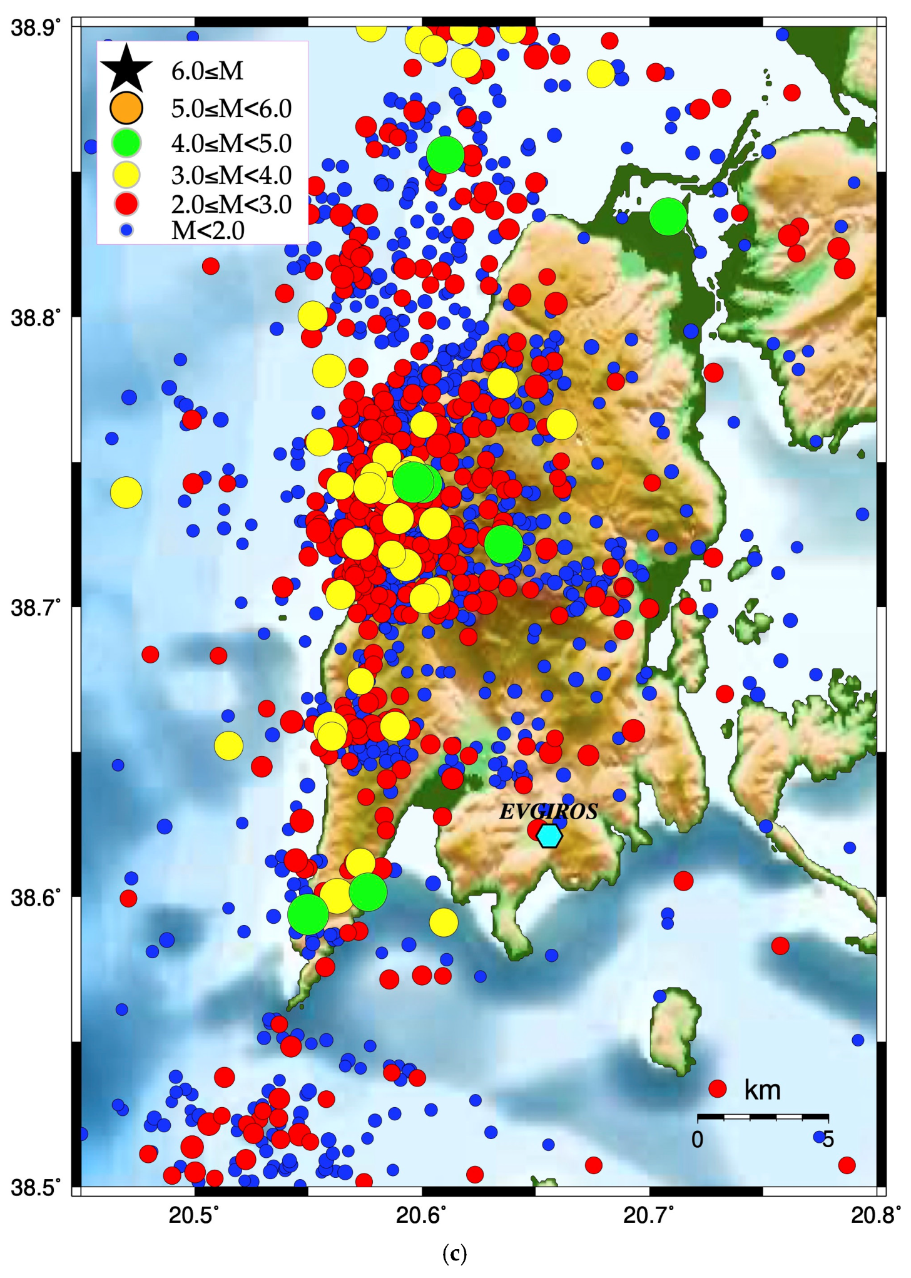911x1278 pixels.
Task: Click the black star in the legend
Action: click(126, 68)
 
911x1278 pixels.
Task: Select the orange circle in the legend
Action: click(126, 108)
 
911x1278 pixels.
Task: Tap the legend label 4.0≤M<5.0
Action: click(231, 143)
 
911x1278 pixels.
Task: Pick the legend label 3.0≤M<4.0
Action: click(231, 175)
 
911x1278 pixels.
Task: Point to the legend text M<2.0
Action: click(208, 231)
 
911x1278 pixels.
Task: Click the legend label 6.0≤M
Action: click(207, 71)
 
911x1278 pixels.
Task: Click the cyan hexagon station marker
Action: click(549, 836)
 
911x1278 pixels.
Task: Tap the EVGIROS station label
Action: click(548, 812)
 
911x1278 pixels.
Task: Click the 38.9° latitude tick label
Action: click(36, 29)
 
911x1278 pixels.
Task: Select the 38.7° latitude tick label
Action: click(36, 607)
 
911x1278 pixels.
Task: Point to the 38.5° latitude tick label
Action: click(36, 1186)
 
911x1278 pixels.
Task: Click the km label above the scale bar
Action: click(762, 1090)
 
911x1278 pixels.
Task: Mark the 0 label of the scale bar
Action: click(697, 1139)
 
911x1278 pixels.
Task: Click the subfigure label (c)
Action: click(454, 1254)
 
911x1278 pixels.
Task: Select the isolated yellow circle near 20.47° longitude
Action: click(126, 493)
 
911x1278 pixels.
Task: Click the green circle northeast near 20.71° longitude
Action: click(668, 217)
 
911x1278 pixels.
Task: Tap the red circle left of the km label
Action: click(717, 1088)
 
